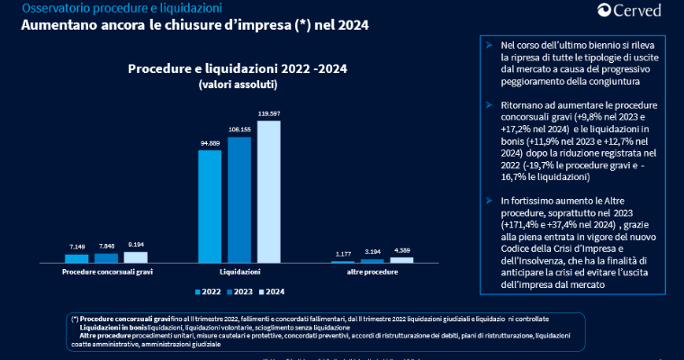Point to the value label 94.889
(x=209, y=143)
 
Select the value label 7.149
(x=77, y=246)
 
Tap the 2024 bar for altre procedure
(x=401, y=259)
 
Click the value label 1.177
(x=342, y=254)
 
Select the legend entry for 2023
(x=238, y=292)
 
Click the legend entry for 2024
(x=271, y=292)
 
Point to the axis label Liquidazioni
(x=240, y=271)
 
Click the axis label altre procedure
(x=372, y=271)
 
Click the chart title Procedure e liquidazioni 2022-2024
(x=238, y=68)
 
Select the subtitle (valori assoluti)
(x=238, y=84)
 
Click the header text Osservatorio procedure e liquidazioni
(x=111, y=8)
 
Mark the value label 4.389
(x=401, y=249)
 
